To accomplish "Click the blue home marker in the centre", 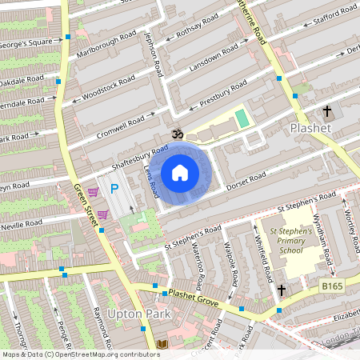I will [180, 173].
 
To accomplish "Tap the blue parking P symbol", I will [114, 189].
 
